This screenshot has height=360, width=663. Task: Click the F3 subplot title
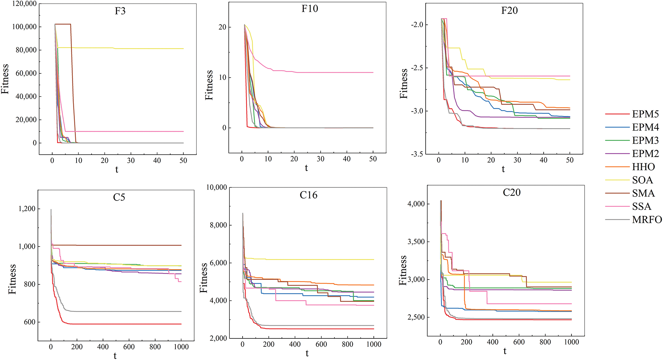click(120, 11)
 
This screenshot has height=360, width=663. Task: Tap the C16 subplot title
click(308, 195)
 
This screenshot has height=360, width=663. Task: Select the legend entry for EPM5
click(645, 114)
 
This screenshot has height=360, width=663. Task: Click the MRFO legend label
click(647, 220)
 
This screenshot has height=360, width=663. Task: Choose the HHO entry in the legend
click(643, 167)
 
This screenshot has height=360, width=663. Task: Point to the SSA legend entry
click(641, 207)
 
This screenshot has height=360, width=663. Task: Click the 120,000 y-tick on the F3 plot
click(24, 4)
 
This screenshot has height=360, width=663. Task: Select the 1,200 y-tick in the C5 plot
click(27, 209)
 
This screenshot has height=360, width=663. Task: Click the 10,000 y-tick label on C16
click(216, 187)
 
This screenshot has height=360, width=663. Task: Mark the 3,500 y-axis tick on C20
click(416, 242)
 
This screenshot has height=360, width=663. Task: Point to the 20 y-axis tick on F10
click(222, 27)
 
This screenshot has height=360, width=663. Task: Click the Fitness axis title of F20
click(404, 84)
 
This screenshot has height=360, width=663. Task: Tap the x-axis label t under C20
click(505, 352)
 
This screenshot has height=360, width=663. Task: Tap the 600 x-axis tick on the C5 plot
click(129, 347)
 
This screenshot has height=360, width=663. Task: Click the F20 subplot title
click(509, 11)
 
